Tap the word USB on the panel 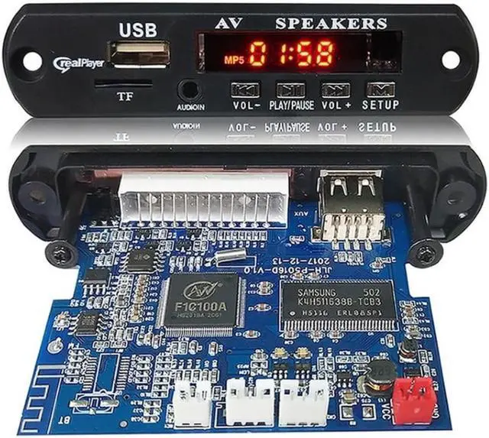coord(138,30)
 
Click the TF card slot coord(123,83)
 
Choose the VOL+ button coord(335,89)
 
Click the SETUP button coord(381,89)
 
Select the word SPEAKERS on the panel coord(331,23)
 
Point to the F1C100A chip coord(202,300)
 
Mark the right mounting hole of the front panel coord(451,58)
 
